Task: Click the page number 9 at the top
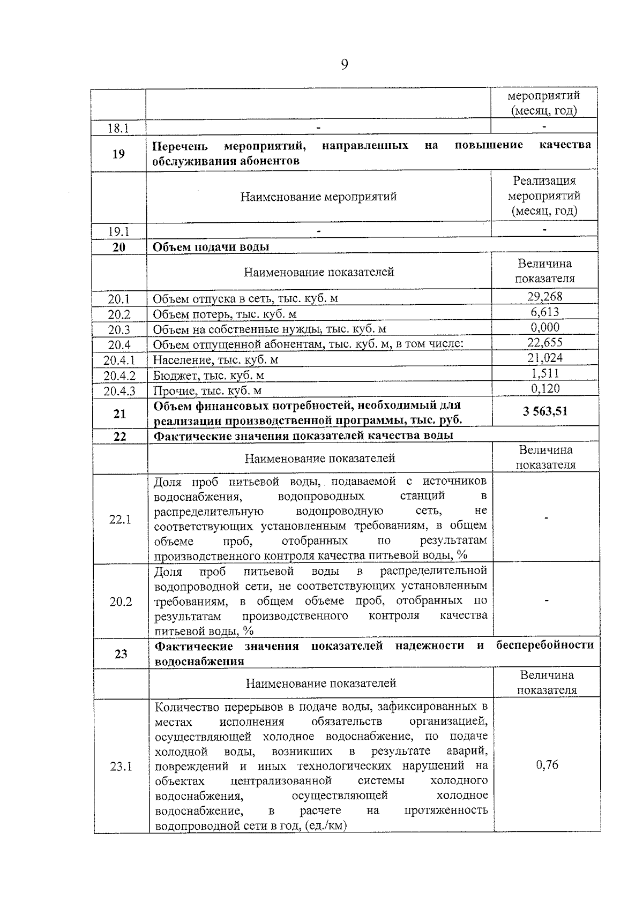click(344, 65)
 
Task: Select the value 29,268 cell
click(544, 296)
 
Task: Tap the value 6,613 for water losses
click(544, 312)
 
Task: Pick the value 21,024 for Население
click(544, 358)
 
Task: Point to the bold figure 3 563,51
click(544, 411)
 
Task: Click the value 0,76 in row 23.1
click(547, 765)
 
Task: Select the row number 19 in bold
click(118, 154)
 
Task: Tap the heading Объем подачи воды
click(211, 247)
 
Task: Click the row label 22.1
click(120, 519)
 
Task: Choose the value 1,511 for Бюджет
click(545, 373)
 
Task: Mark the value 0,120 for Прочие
click(545, 388)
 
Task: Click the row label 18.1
click(118, 128)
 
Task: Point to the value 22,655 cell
click(544, 342)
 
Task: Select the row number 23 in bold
click(121, 653)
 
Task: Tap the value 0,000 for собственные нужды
click(544, 327)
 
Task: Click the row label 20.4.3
click(119, 390)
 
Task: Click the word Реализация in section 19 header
click(544, 181)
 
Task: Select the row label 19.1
click(118, 232)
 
